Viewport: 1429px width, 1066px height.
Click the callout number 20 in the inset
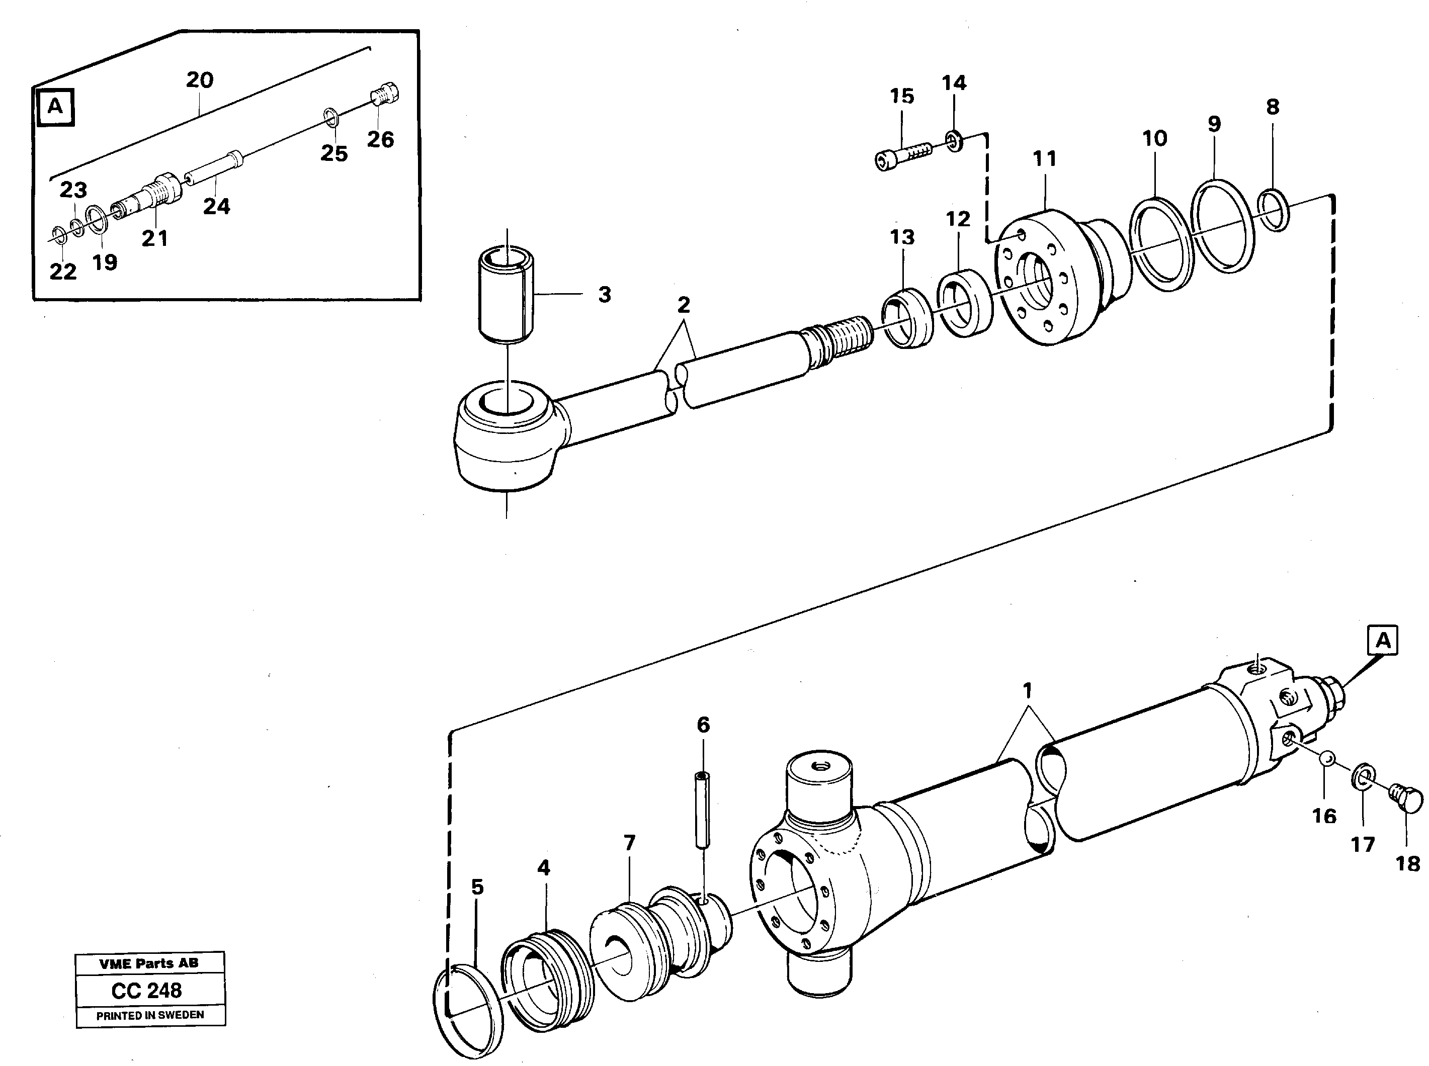200,80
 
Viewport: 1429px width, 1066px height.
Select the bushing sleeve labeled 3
506,294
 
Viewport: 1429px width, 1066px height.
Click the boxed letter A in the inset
55,107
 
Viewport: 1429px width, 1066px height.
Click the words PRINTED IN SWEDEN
150,1015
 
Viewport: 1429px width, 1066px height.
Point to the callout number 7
629,843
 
